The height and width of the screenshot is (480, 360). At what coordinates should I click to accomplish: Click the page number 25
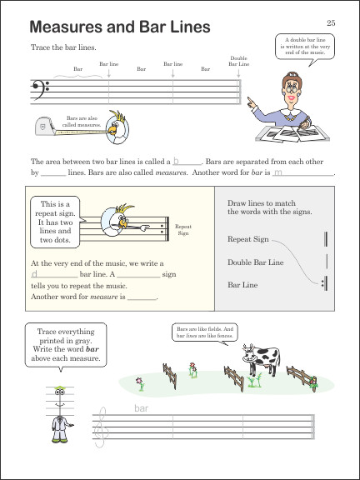point(331,22)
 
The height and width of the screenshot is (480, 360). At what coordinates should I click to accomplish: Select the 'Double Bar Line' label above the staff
point(238,61)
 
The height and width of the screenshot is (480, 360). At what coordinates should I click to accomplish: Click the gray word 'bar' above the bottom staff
point(141,408)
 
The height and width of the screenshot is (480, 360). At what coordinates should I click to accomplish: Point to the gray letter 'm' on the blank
point(277,173)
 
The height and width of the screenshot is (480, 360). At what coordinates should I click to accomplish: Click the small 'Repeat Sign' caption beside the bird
point(183,229)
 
